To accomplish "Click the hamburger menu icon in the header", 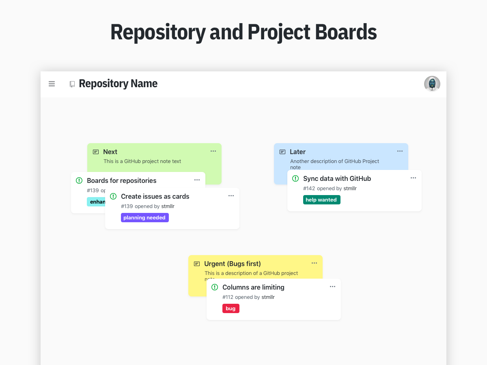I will tap(52, 84).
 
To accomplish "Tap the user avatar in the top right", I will tap(432, 84).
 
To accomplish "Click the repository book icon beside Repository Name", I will tap(72, 84).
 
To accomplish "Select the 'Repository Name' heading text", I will tap(118, 84).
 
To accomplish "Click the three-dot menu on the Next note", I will tap(213, 151).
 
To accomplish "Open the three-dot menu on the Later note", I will tap(400, 151).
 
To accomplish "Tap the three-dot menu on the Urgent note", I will tap(314, 263).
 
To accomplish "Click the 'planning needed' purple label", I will tap(145, 218).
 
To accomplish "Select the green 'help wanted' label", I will tap(321, 200).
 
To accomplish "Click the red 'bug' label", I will tap(231, 309).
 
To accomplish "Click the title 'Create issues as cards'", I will tap(155, 196).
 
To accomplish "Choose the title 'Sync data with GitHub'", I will tap(337, 178).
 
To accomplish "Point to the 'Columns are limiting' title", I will tap(253, 287).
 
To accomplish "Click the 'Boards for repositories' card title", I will tap(121, 180).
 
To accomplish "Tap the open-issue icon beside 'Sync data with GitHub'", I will tap(295, 178).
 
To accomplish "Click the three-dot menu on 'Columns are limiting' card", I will tap(332, 287).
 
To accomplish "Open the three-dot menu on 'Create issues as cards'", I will tap(231, 196).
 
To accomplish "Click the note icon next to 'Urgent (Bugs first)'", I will tap(197, 264).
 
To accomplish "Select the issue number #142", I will tap(309, 189).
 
